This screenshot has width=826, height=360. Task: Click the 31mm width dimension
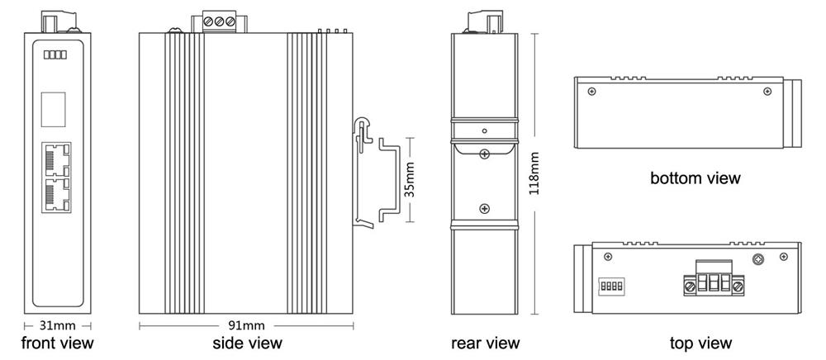58,326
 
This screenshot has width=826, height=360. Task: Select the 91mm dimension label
246,326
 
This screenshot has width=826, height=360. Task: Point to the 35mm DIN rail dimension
411,179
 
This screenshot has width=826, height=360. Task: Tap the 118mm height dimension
534,173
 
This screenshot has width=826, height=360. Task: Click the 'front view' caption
58,343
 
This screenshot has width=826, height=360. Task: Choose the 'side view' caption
247,343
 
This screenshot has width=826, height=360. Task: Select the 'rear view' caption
485,343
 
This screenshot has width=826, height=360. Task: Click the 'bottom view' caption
695,178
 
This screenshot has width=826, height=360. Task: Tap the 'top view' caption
700,343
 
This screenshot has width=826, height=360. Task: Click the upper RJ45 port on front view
56,159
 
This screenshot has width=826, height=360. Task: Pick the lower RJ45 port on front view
56,195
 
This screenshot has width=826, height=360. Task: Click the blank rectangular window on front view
53,110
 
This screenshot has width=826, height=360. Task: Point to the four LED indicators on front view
55,54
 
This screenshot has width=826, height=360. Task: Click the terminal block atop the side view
219,22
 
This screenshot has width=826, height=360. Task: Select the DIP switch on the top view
611,287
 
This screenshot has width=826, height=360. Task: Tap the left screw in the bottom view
592,92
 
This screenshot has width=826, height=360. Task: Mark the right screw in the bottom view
767,92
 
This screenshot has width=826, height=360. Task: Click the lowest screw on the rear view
485,209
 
